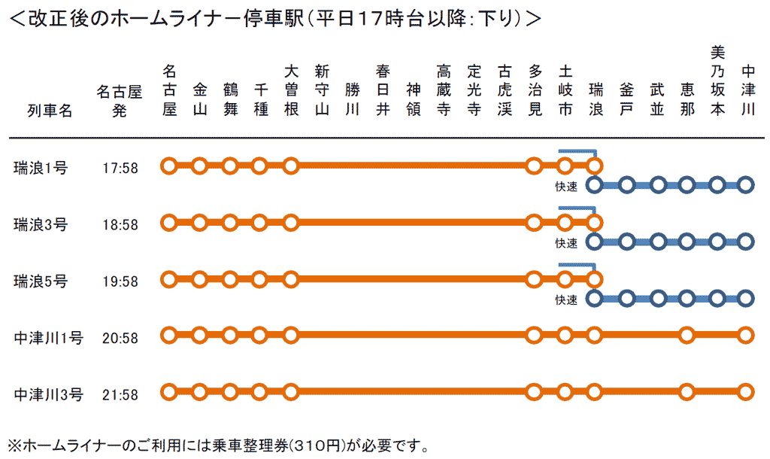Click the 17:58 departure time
pos(120,168)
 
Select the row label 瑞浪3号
pos(41,224)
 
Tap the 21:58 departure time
pos(120,394)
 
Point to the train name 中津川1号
pos(48,337)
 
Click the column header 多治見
pos(535,90)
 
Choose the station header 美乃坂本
pos(717,81)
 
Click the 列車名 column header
pos(50,111)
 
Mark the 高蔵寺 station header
pos(443,90)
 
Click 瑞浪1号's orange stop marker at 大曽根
pos(291,166)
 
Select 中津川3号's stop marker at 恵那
pos(686,391)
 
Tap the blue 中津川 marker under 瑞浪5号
pos(746,299)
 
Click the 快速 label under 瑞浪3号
pos(566,243)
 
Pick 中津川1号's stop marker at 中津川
pos(746,334)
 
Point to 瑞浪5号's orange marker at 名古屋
pos(169,279)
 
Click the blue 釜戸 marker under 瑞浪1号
pos(626,185)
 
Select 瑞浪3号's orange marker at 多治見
pos(534,223)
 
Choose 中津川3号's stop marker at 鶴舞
pos(230,391)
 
